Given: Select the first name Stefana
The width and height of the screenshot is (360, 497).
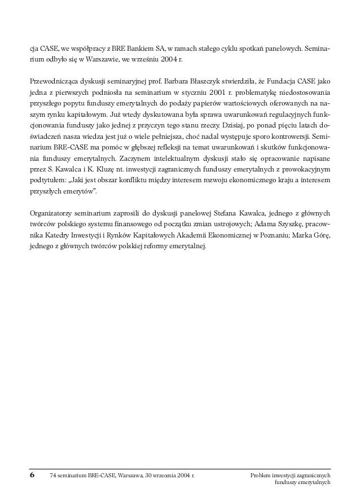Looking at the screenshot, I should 213,213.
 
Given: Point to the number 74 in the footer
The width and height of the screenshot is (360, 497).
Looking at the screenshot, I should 54,476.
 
